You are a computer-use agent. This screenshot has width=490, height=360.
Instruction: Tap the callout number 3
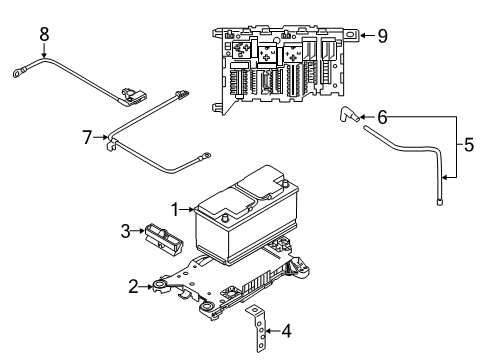pyautogui.click(x=126, y=233)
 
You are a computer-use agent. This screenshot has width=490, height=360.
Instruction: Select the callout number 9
pyautogui.click(x=381, y=35)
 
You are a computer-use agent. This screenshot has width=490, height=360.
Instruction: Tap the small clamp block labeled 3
pyautogui.click(x=160, y=237)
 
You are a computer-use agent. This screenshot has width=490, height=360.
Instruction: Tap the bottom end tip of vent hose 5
pyautogui.click(x=440, y=201)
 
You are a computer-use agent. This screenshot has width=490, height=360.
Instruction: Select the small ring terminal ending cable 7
pyautogui.click(x=207, y=155)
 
